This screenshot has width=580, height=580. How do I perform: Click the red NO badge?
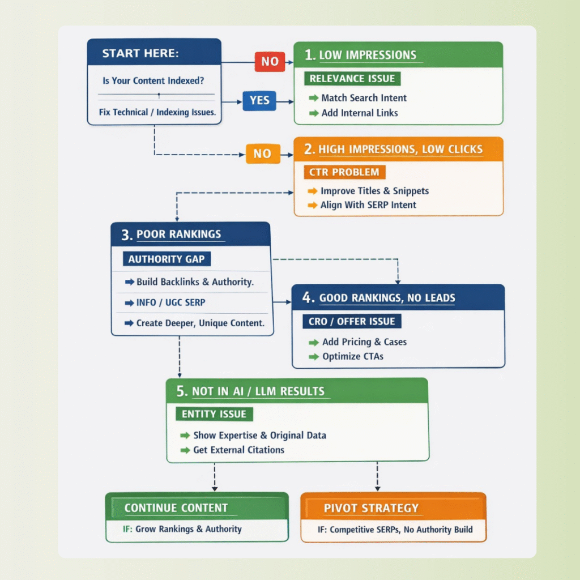point(270,61)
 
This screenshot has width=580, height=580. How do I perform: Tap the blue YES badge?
point(259,101)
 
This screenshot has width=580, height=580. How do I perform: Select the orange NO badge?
point(262,153)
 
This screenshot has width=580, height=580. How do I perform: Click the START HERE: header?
point(140,53)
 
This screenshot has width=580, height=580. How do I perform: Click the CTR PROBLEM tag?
point(344,172)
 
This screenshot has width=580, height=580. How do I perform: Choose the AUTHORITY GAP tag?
point(167,259)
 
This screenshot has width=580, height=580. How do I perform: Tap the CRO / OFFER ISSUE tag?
point(352,321)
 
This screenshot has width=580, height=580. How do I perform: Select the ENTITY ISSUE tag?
point(214,414)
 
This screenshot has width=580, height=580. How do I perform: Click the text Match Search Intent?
point(364,98)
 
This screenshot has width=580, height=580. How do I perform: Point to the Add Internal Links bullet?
point(359,113)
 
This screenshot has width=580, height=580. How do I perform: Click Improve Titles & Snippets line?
point(374,191)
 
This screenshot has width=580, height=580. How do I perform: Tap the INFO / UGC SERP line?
point(170,302)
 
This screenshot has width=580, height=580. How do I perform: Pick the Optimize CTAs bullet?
point(353,357)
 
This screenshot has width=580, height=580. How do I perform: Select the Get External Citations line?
point(238,450)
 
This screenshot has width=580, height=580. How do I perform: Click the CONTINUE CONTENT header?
point(176,508)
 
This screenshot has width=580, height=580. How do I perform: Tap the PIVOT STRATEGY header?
point(371,508)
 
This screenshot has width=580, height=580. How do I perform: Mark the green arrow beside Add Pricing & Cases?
point(313,342)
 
